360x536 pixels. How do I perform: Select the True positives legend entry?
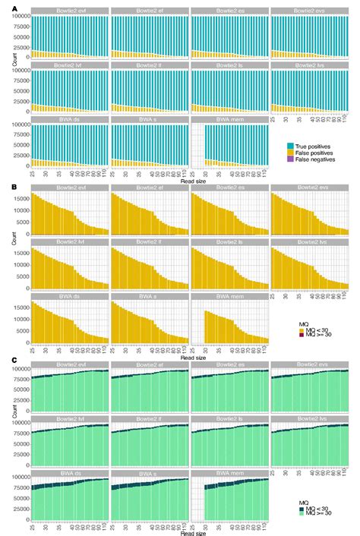coord(312,144)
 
